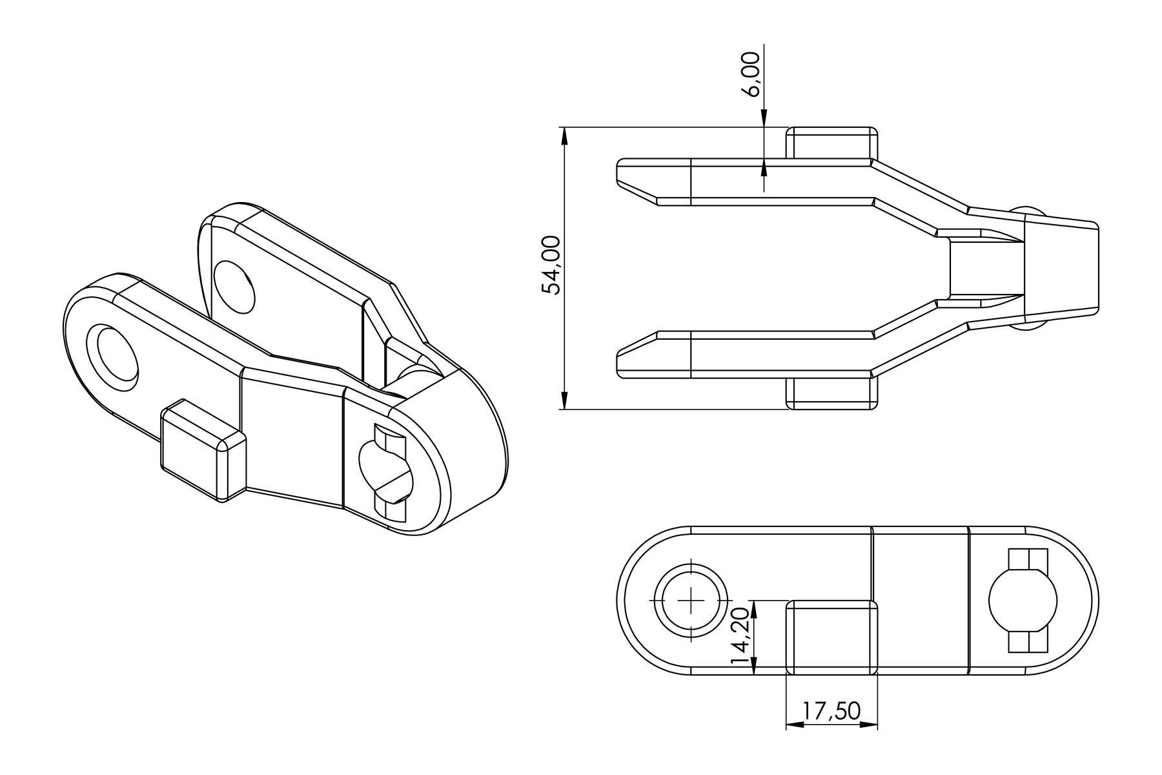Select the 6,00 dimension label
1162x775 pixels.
click(x=753, y=74)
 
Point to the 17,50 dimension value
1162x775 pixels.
click(x=831, y=711)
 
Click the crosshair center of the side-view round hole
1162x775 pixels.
click(x=691, y=599)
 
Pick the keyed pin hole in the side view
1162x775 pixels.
click(x=1024, y=601)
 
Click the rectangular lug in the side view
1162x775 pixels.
click(x=832, y=637)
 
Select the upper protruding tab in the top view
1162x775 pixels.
click(x=832, y=143)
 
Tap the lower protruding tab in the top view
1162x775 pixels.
click(x=832, y=393)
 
